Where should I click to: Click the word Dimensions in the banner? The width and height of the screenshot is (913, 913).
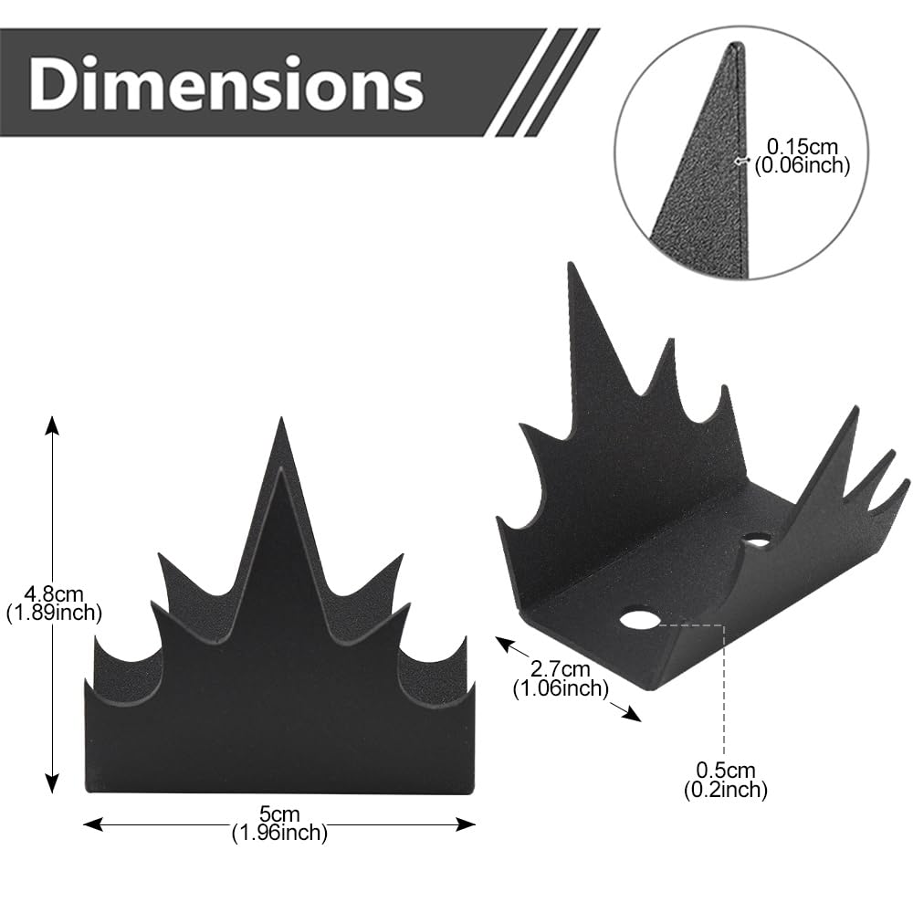click(226, 83)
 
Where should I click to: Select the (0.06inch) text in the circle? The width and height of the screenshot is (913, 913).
click(803, 165)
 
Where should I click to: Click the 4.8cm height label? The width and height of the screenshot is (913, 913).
click(54, 594)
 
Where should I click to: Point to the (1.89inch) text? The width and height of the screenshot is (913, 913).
click(54, 613)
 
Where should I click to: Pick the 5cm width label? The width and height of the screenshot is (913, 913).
click(279, 814)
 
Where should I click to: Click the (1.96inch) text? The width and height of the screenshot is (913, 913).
click(279, 833)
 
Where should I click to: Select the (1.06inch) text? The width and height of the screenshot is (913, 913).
click(561, 688)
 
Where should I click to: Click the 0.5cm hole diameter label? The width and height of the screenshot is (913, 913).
click(726, 770)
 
